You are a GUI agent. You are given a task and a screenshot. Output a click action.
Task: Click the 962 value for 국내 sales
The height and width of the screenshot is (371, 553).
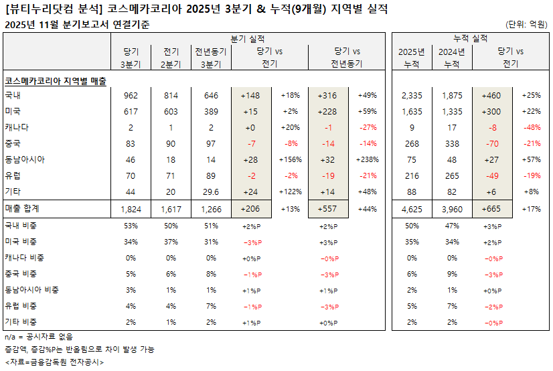click(131, 95)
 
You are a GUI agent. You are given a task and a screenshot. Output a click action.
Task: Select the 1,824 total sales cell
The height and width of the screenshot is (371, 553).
click(131, 210)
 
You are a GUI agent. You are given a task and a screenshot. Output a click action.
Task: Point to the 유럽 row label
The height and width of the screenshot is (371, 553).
click(13, 175)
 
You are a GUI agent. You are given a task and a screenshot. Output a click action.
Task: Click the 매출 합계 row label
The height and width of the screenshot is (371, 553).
click(23, 210)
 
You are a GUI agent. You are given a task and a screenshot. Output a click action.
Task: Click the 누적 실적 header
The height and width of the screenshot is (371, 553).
click(470, 38)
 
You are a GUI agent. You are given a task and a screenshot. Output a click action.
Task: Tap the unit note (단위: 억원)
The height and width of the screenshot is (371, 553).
click(526, 25)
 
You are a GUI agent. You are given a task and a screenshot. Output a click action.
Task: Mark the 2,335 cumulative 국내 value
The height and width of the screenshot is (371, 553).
click(412, 95)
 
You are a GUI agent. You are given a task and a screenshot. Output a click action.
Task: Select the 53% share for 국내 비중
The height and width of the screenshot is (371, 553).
click(131, 226)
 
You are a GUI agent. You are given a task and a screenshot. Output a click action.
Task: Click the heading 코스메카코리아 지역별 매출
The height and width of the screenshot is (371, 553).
click(56, 80)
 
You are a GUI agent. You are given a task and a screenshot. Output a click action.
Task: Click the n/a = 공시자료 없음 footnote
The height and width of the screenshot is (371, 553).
click(39, 337)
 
